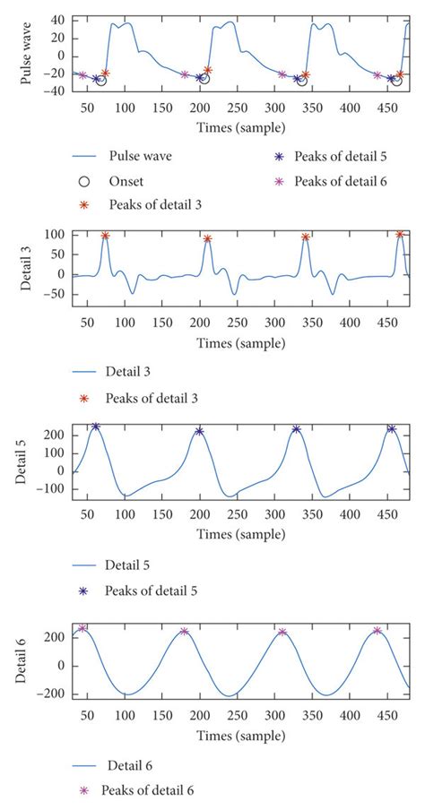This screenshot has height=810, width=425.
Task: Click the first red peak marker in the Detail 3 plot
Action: pyautogui.click(x=105, y=237)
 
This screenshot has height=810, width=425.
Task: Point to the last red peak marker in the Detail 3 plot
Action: pyautogui.click(x=400, y=235)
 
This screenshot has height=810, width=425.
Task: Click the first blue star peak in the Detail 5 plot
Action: pyautogui.click(x=96, y=427)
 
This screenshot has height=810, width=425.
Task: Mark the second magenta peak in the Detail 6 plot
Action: pyautogui.click(x=185, y=632)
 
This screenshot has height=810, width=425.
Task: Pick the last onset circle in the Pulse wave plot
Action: pyautogui.click(x=395, y=81)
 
